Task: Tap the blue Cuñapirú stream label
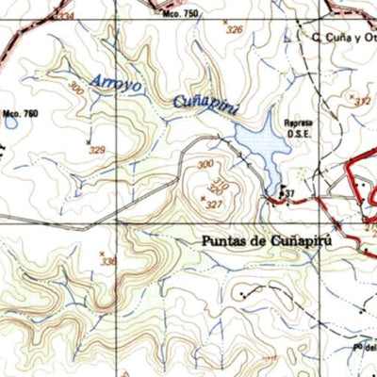[201, 101]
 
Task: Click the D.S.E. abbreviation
[298, 132]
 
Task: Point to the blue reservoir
[259, 143]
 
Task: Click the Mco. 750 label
[180, 15]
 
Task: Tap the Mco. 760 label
[21, 113]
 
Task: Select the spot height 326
[234, 30]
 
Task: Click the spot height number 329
[96, 149]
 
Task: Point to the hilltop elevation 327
[213, 204]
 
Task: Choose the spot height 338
[109, 262]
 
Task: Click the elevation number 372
[363, 101]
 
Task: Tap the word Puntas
[222, 240]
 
